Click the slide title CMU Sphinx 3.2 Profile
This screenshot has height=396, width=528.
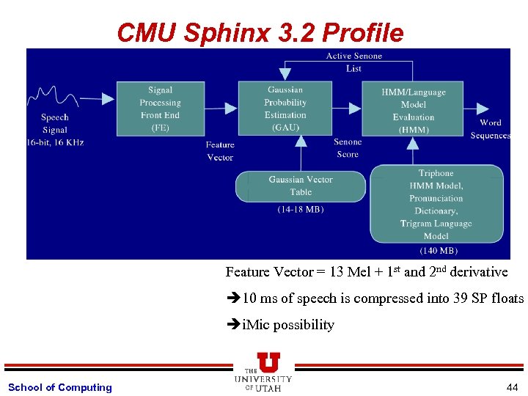(260, 32)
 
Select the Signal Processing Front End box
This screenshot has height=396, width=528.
(160, 109)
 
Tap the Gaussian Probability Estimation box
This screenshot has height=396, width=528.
(285, 109)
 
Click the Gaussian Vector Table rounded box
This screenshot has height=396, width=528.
(300, 186)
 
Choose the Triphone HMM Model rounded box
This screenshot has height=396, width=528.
(436, 204)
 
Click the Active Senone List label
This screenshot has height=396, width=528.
(353, 62)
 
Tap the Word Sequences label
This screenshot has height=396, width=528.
(490, 129)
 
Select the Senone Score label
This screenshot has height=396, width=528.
(348, 148)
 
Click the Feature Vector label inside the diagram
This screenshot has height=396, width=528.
(220, 151)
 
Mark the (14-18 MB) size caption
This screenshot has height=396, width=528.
(301, 210)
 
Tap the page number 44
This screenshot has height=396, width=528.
(511, 386)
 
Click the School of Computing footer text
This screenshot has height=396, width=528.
(60, 387)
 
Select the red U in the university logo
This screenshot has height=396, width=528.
(268, 362)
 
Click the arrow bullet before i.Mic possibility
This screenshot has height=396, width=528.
(233, 325)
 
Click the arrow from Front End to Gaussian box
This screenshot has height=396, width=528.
(221, 109)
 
